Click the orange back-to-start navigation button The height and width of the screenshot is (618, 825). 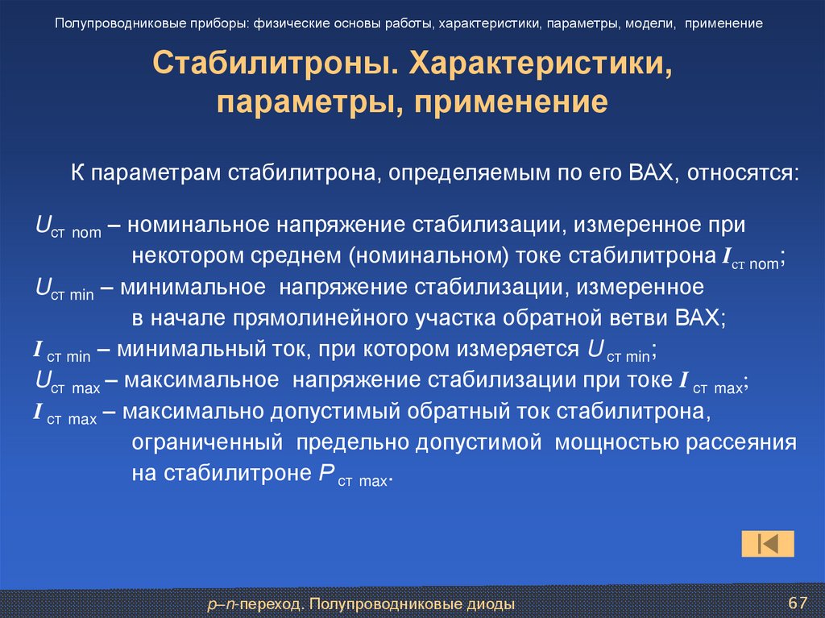click(767, 544)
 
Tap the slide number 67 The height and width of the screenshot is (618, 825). click(798, 603)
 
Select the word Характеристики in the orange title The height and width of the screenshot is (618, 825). click(542, 63)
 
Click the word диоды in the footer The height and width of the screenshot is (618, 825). click(490, 603)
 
